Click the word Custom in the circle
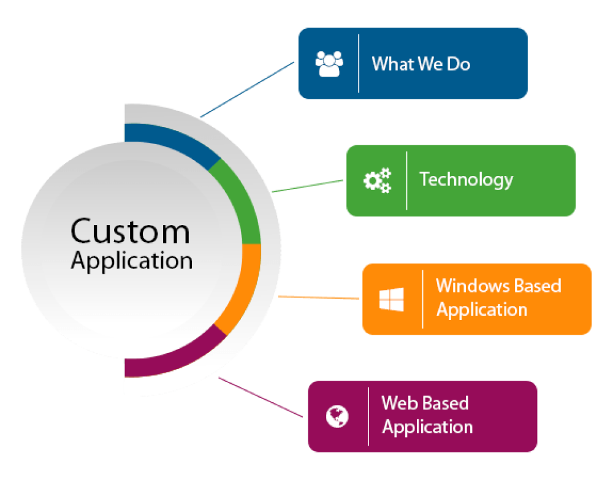tap(130, 232)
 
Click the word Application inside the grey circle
tap(131, 261)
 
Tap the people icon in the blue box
tap(329, 63)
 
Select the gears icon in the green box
tap(377, 180)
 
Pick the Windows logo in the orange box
tap(392, 299)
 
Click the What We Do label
tap(421, 63)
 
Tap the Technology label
tap(466, 180)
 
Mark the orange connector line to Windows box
tap(319, 297)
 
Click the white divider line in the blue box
tap(359, 64)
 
